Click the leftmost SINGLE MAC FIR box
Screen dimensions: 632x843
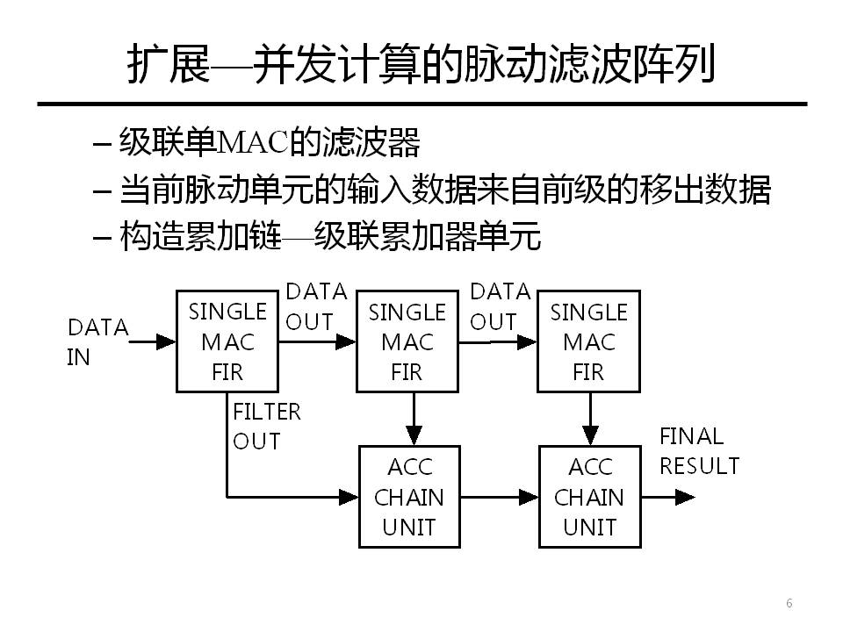227,341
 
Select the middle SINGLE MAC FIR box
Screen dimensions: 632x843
407,341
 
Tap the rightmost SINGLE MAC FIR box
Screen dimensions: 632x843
587,341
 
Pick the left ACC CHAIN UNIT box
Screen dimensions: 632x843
409,497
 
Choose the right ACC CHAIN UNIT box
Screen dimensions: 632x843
588,497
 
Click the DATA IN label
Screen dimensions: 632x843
97,342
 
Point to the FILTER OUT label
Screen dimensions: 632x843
266,426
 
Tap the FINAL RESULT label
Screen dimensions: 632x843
699,450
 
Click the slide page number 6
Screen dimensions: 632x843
789,603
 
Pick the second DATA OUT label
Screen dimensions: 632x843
500,306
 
